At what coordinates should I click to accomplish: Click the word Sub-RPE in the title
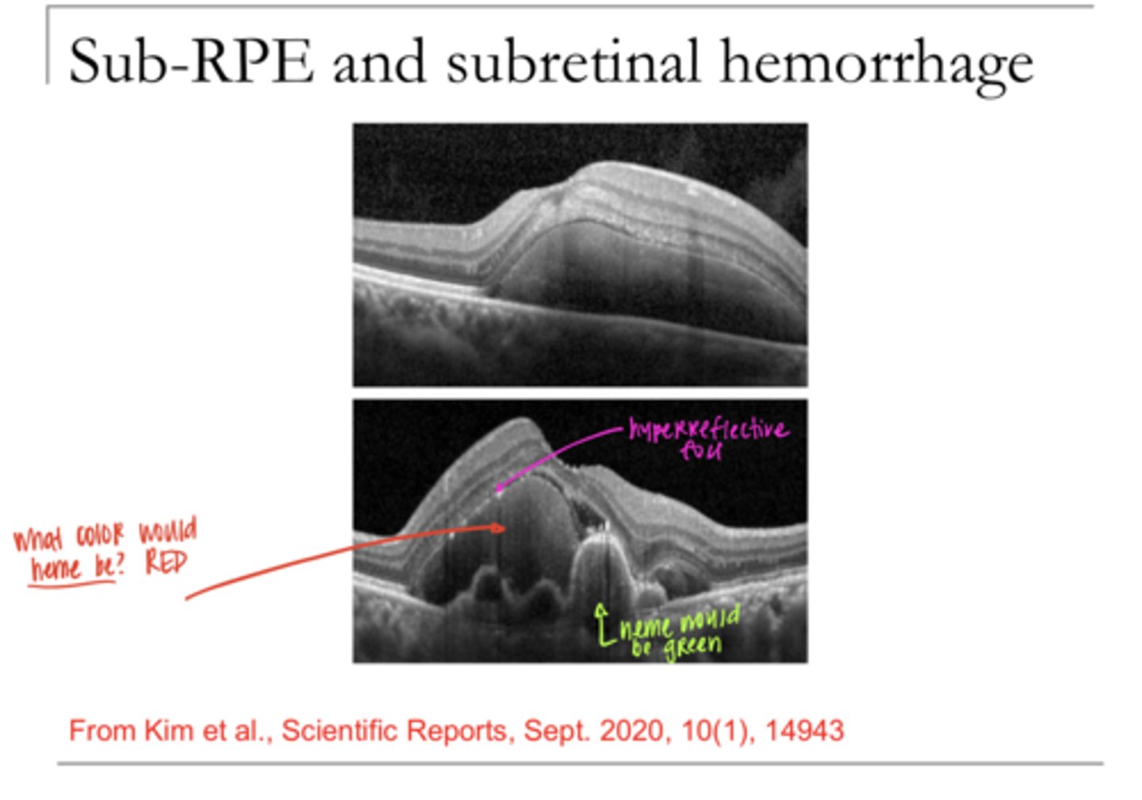tap(190, 62)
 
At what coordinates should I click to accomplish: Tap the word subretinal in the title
tap(572, 62)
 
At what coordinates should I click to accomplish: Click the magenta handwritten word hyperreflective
tap(708, 429)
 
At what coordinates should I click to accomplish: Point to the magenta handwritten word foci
tap(701, 451)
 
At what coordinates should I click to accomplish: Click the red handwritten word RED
tap(166, 563)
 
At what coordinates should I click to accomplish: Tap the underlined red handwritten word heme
tap(56, 569)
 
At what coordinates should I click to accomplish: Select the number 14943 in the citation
tap(804, 730)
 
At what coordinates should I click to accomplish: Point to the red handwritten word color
tap(100, 536)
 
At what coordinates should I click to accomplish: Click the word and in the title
tap(379, 62)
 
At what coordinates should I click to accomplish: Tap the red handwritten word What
tap(37, 540)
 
